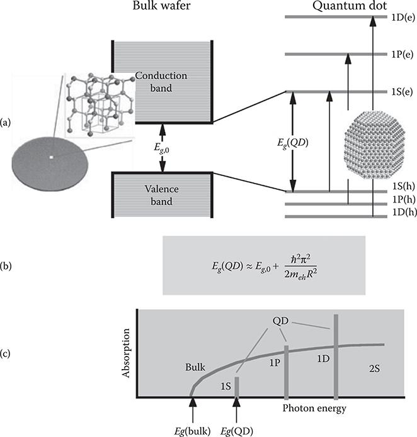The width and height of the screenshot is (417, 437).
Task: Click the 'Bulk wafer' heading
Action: point(161,6)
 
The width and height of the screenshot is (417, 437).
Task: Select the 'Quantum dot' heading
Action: point(350,6)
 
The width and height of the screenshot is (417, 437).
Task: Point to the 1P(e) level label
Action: point(403,55)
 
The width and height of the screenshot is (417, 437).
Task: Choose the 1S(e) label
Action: point(402,92)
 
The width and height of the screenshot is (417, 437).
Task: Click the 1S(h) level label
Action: point(404,186)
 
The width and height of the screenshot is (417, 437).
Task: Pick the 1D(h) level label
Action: point(404,213)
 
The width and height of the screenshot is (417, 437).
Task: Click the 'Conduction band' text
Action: point(161,82)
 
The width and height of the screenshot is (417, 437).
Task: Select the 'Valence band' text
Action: point(162,195)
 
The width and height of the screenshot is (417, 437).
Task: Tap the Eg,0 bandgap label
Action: point(162,148)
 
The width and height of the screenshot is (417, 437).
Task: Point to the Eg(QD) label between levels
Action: point(292,143)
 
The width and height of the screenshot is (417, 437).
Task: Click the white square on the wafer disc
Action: point(52,157)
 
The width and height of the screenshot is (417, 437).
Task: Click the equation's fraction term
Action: point(300,266)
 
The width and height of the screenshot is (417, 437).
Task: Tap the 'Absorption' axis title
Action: point(126,353)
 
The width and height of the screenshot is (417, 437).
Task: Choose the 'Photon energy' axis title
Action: point(314,408)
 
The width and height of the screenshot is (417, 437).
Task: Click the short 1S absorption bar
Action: point(237,387)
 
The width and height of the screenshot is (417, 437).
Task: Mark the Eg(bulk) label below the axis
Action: point(192,431)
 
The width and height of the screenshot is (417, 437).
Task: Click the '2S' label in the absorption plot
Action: point(374,368)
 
